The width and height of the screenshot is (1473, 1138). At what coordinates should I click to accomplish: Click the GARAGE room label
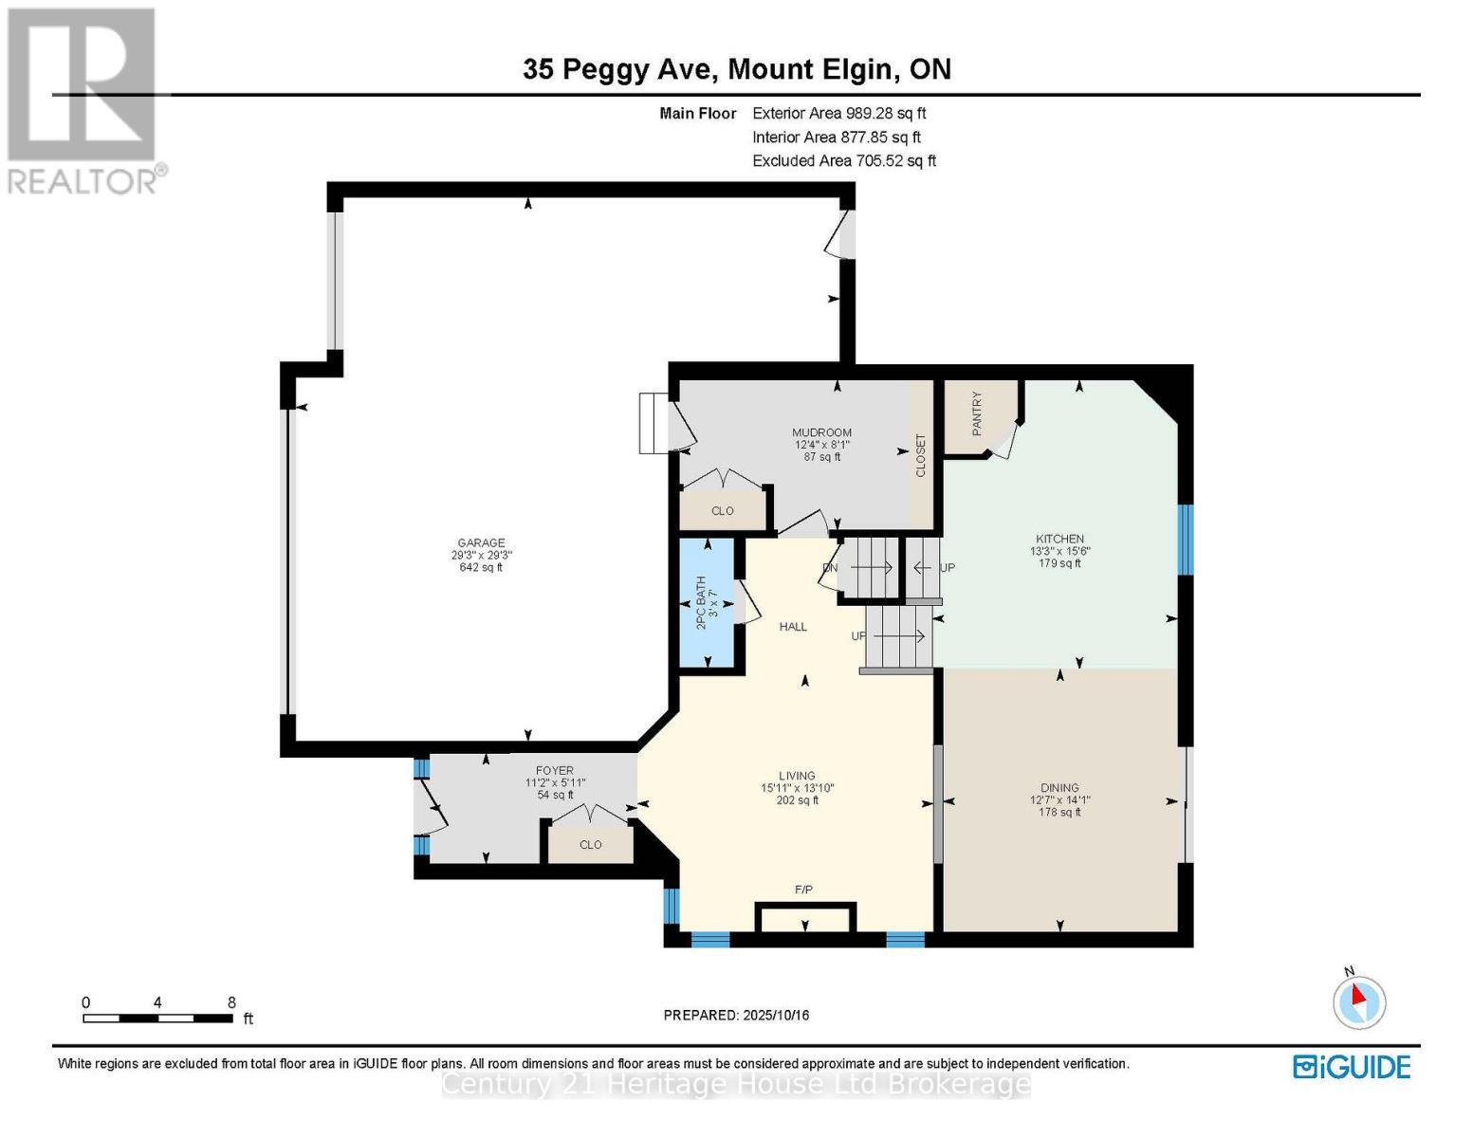click(x=481, y=543)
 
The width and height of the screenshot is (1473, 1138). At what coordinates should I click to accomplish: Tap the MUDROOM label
click(x=821, y=432)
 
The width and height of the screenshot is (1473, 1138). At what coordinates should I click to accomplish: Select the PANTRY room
click(x=978, y=414)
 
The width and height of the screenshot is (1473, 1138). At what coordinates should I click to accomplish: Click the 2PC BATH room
click(x=708, y=603)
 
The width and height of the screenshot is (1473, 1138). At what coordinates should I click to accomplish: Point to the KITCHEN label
click(x=1059, y=539)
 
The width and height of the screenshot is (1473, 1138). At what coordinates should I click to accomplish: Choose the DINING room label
click(x=1059, y=787)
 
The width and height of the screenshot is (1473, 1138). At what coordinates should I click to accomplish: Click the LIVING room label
click(x=797, y=776)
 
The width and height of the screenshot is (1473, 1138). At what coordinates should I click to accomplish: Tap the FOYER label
click(x=555, y=771)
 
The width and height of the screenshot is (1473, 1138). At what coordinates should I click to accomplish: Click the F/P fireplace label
click(x=803, y=890)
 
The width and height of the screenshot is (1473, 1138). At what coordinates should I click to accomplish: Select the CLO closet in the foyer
click(x=590, y=845)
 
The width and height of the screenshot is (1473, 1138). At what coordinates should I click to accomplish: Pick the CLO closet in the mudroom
click(x=722, y=511)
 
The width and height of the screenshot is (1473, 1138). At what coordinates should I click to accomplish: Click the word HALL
click(x=793, y=627)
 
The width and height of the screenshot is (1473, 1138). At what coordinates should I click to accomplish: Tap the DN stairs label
click(x=830, y=568)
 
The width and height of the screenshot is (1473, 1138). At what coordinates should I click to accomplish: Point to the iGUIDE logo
click(x=1352, y=1067)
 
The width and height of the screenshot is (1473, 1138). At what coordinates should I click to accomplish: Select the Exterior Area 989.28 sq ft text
click(x=838, y=113)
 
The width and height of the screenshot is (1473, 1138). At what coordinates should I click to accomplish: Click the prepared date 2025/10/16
click(x=774, y=1016)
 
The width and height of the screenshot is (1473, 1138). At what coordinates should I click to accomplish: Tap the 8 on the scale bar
click(x=231, y=1002)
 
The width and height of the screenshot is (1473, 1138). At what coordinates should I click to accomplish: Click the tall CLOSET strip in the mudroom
click(x=920, y=455)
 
